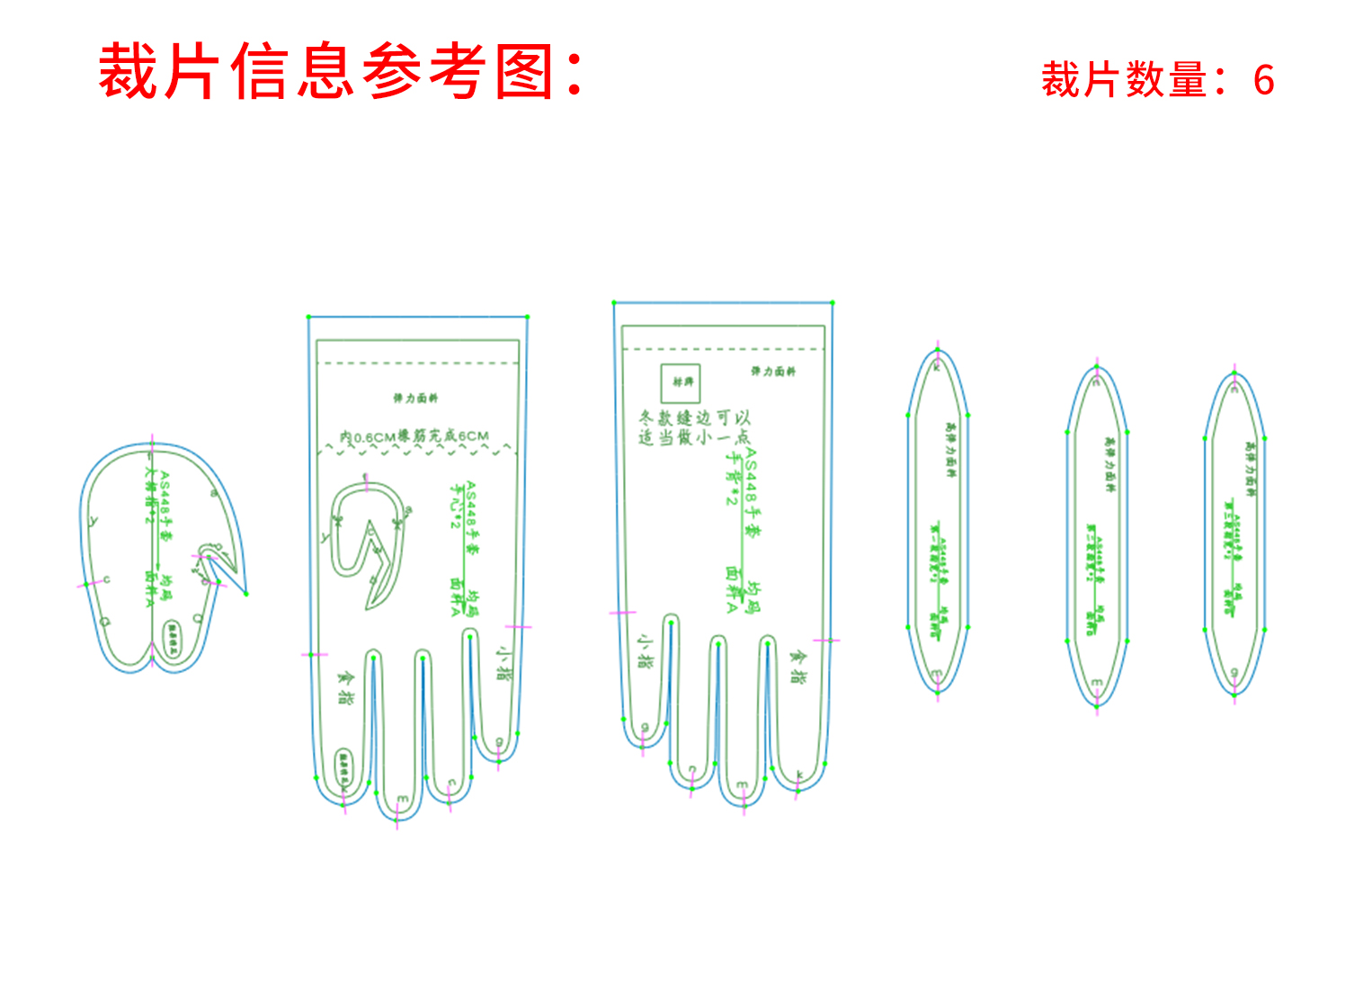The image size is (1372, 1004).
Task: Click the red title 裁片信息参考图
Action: tap(340, 72)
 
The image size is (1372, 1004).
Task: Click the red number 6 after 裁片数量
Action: tap(1263, 81)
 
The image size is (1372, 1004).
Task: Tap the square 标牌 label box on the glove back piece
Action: tap(681, 382)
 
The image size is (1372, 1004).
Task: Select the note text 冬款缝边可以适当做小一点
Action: tap(694, 427)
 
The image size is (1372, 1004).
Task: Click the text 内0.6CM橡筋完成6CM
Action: tap(414, 437)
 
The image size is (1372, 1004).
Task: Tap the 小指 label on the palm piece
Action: tap(504, 661)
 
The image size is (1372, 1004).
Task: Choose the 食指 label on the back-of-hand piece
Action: tap(797, 667)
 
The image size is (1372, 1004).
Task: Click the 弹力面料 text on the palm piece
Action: tap(415, 398)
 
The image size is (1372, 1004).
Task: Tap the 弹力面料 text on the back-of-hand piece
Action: tap(773, 371)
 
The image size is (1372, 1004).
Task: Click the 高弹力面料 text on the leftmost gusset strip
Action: tap(950, 450)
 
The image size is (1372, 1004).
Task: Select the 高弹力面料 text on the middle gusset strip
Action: tap(1109, 464)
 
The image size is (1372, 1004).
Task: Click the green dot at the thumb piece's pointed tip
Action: tap(245, 593)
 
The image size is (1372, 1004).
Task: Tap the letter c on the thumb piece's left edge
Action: tap(106, 580)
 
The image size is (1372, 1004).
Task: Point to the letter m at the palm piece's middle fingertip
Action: tap(402, 800)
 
